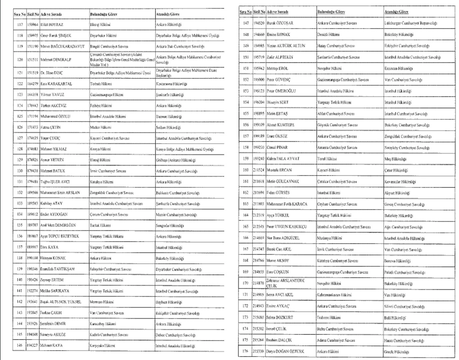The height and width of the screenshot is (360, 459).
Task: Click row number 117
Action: (20, 25)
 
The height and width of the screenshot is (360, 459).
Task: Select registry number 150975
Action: (33, 36)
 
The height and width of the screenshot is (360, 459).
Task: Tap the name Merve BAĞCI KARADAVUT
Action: (62, 47)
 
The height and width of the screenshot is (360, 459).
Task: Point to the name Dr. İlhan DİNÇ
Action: (51, 73)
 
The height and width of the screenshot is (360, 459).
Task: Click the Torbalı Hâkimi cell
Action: (101, 84)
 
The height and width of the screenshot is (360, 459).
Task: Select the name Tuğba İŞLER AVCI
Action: (55, 182)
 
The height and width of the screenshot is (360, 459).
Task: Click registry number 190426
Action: (33, 280)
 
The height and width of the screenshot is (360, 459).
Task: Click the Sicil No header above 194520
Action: (259, 12)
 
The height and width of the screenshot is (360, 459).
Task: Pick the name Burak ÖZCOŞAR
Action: (280, 23)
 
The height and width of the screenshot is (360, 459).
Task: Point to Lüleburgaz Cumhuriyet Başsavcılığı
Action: (410, 23)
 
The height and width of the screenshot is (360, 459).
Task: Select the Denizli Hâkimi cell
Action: (328, 35)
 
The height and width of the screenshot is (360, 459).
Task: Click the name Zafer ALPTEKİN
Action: (280, 57)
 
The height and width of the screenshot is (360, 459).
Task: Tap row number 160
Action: (245, 170)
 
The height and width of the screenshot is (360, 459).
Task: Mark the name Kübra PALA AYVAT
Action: (283, 159)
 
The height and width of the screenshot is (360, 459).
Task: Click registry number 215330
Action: (258, 351)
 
